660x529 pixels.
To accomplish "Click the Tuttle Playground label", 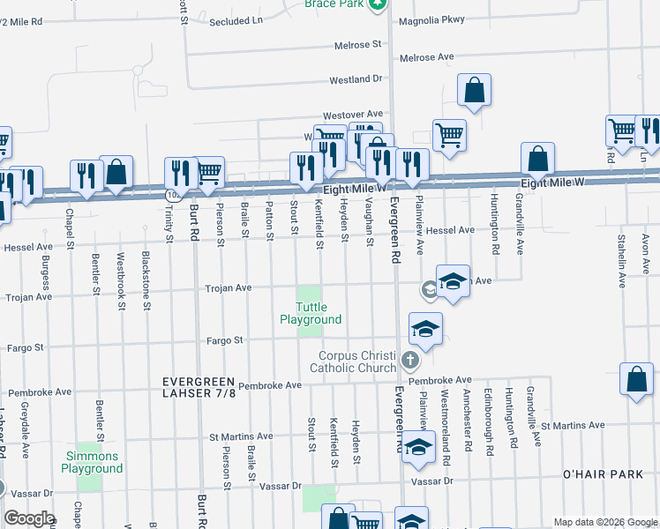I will pyautogui.click(x=311, y=313).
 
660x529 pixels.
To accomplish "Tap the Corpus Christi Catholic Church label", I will pyautogui.click(x=359, y=361).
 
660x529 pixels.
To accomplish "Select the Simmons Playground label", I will pyautogui.click(x=92, y=462).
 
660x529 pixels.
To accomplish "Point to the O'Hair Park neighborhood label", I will pyautogui.click(x=603, y=474).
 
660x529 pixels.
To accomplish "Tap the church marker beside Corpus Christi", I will pyautogui.click(x=409, y=360).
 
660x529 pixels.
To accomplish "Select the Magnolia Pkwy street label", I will pyautogui.click(x=431, y=20).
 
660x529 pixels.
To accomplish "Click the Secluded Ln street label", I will pyautogui.click(x=236, y=20).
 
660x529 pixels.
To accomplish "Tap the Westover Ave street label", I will pyautogui.click(x=353, y=115).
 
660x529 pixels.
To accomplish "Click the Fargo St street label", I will pyautogui.click(x=225, y=339).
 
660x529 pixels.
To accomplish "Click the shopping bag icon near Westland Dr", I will pyautogui.click(x=474, y=90).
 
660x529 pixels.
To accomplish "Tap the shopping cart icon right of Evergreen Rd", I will pyautogui.click(x=449, y=136).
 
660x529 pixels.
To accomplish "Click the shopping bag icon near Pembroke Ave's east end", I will pyautogui.click(x=637, y=380).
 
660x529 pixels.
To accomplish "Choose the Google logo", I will pyautogui.click(x=29, y=518).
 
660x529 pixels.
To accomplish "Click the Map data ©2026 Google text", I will pyautogui.click(x=604, y=522).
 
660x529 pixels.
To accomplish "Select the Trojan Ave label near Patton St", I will pyautogui.click(x=229, y=288).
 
